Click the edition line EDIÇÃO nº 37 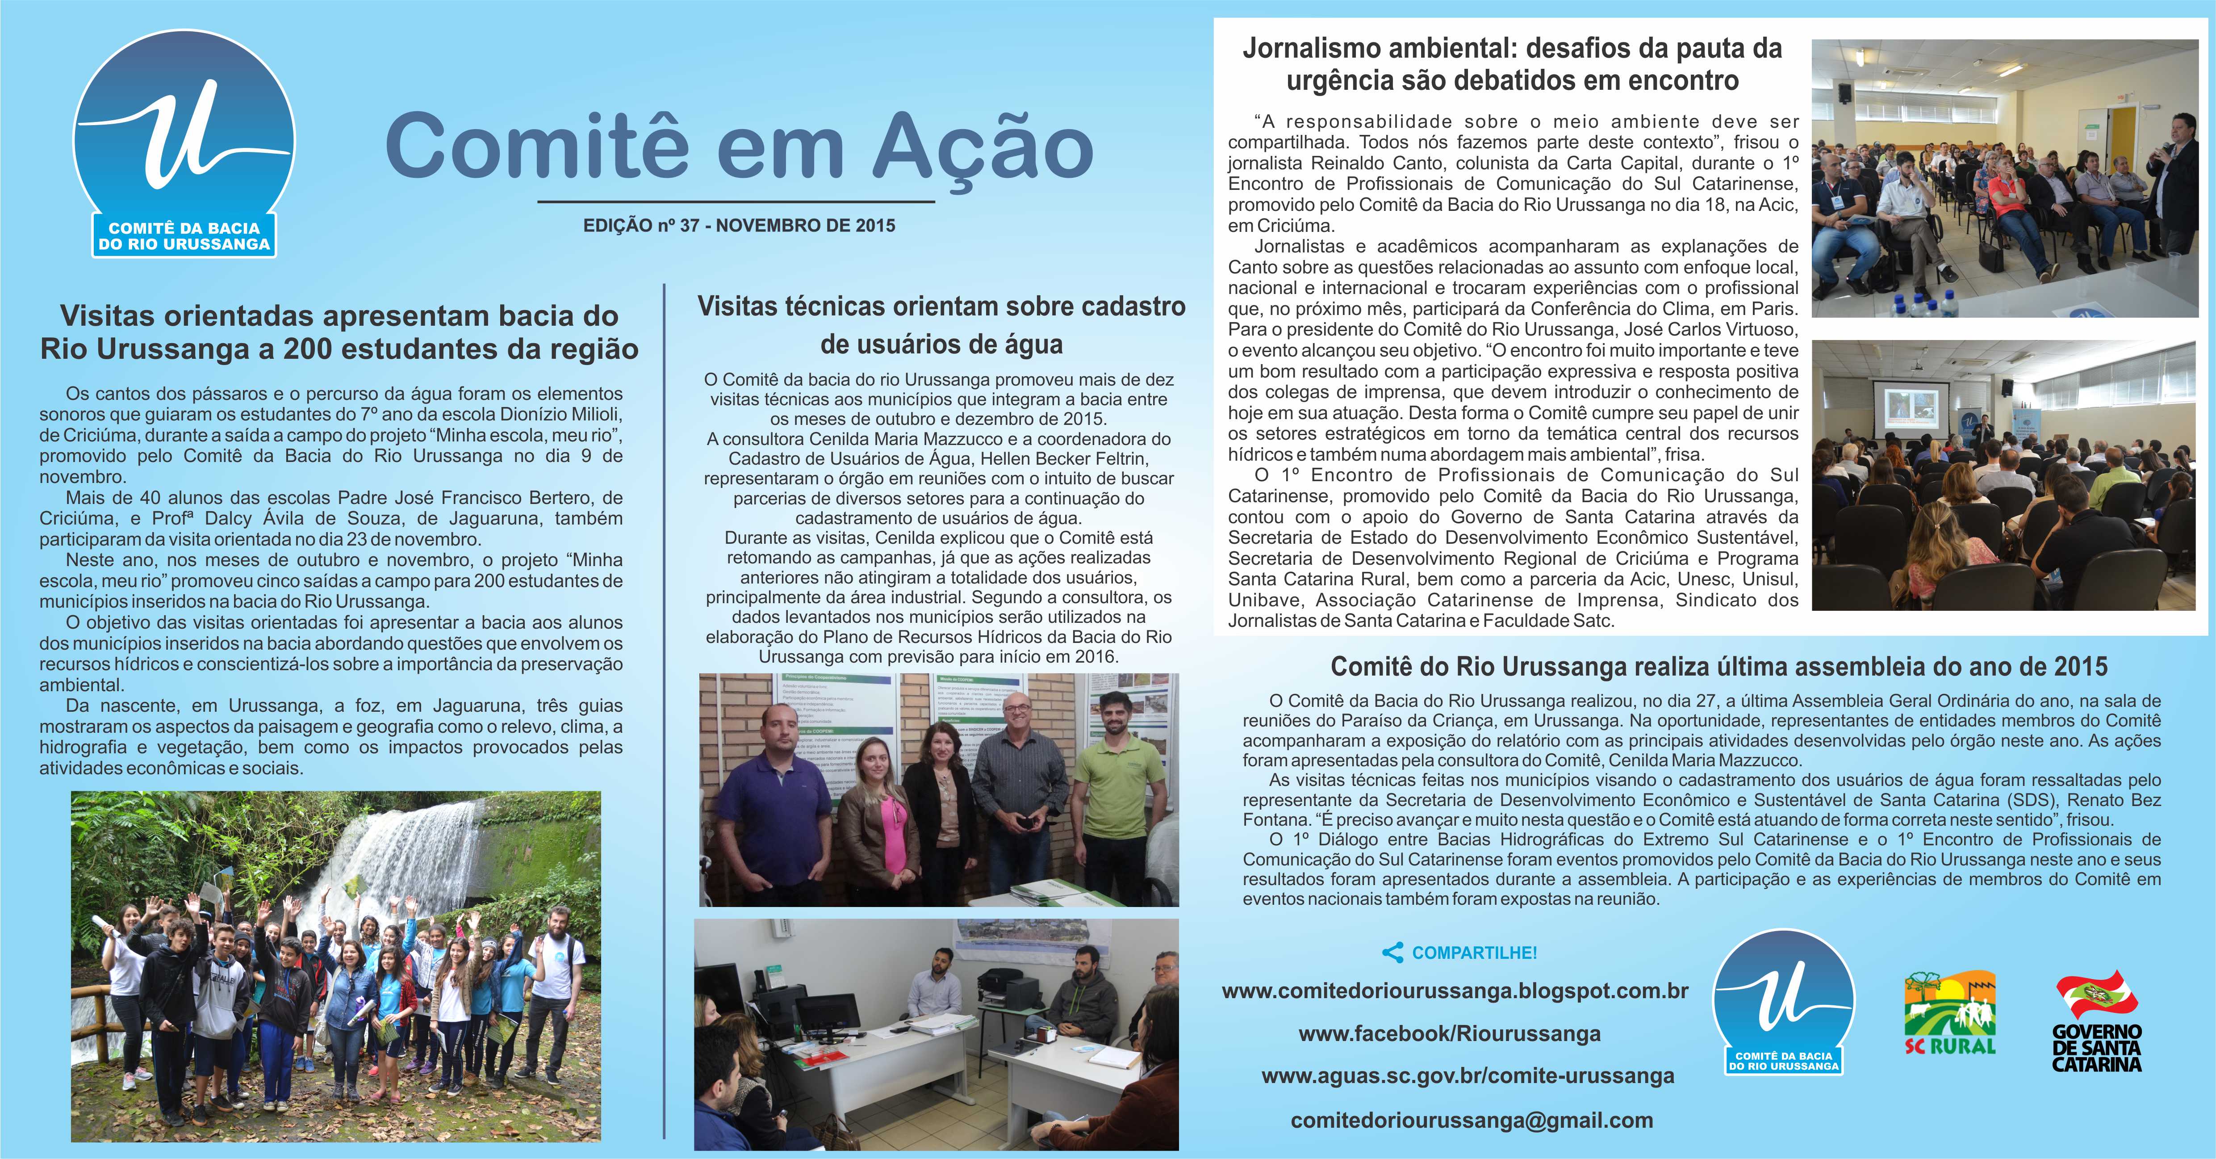tap(739, 226)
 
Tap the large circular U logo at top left tap(182, 142)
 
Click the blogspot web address tap(1455, 991)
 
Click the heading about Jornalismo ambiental tap(1511, 64)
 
